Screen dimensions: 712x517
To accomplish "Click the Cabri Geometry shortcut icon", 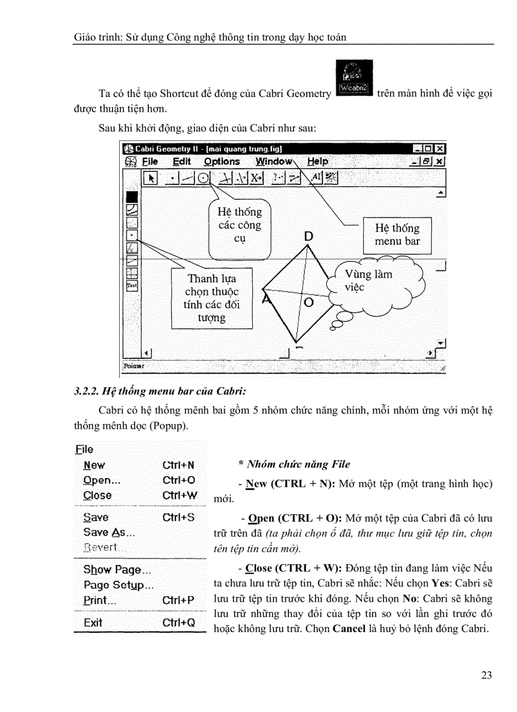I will click(x=354, y=79).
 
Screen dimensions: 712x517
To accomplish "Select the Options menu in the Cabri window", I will click(x=222, y=162).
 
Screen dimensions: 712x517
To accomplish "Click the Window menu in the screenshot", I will click(x=274, y=162).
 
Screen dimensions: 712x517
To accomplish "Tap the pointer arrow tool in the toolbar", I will click(x=150, y=178).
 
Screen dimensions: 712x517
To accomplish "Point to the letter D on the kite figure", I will click(x=309, y=236).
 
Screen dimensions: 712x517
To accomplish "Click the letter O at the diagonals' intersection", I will click(x=309, y=302).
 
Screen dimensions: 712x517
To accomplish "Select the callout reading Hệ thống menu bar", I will click(x=397, y=235).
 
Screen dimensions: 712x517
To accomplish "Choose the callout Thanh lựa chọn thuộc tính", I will click(x=211, y=298).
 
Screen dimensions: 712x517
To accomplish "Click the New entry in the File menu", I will click(x=94, y=465).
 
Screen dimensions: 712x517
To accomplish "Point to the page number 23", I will click(x=487, y=675).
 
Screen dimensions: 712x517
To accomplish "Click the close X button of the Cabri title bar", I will click(x=440, y=148).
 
